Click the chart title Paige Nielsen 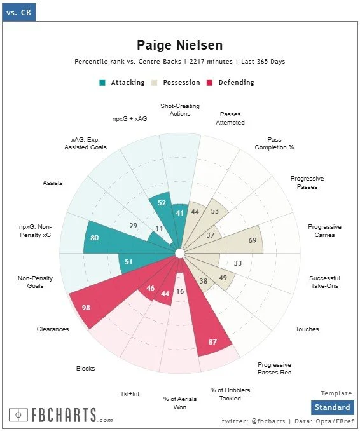point(180,45)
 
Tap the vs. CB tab point(18,12)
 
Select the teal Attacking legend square point(102,83)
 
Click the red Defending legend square point(209,83)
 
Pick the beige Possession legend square point(155,83)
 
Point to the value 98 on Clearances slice point(86,308)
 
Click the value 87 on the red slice point(212,342)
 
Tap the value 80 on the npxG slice point(94,238)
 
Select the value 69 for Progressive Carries point(253,240)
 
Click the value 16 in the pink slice point(180,291)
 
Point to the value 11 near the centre point(159,228)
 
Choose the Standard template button point(333,407)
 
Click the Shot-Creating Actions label point(180,110)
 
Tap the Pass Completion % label point(274,144)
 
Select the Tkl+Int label point(130,394)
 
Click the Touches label point(307,329)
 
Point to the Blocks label point(85,368)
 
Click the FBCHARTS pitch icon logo point(18,414)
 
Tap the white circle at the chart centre point(180,254)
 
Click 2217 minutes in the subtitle point(211,61)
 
